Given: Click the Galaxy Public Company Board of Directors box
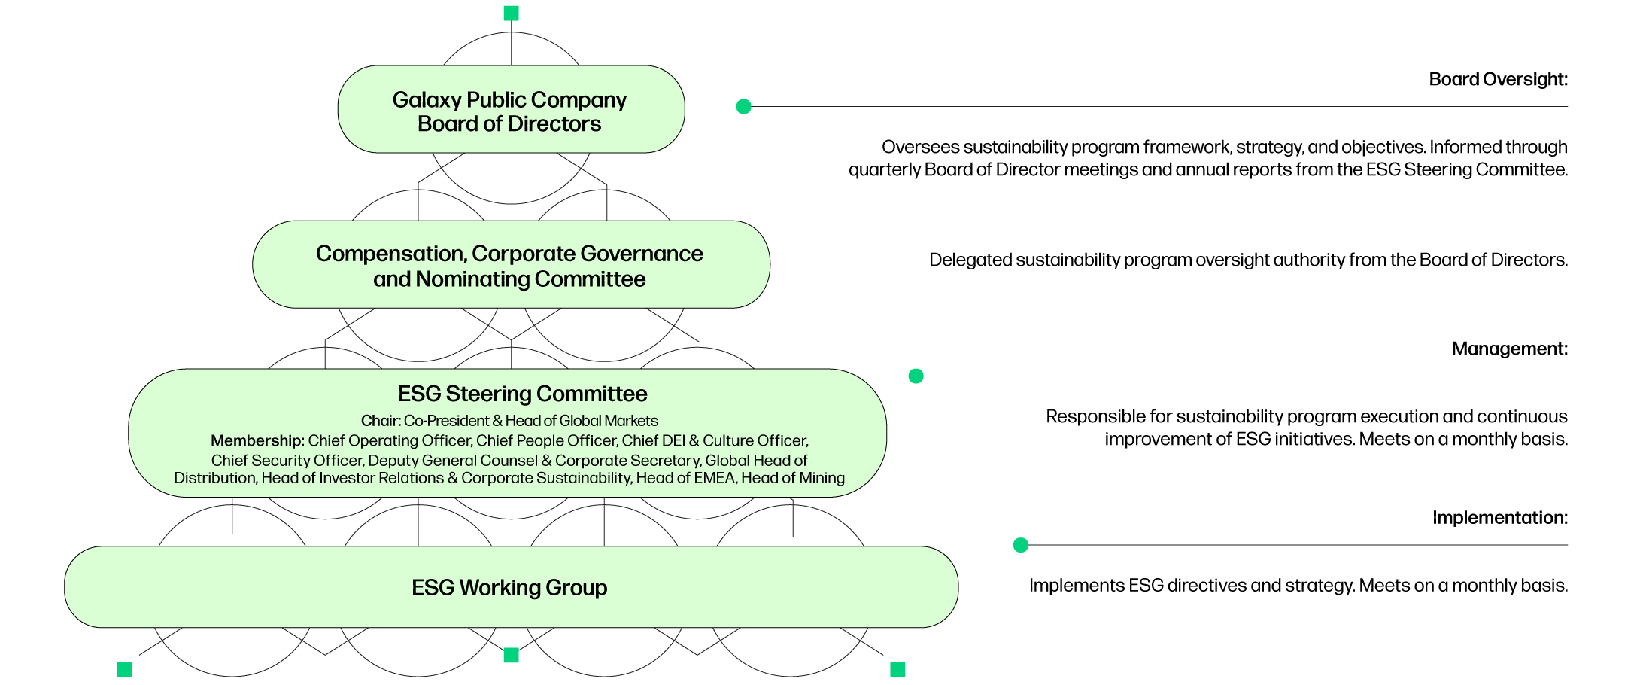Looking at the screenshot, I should point(511,110).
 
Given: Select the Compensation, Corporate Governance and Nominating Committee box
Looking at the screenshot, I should point(511,265).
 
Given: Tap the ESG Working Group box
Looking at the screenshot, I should point(511,587).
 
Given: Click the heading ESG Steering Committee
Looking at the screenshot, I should point(522,394).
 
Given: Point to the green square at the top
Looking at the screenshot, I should point(511,14).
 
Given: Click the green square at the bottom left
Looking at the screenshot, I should point(125,669).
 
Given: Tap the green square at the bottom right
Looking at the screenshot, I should point(897,669).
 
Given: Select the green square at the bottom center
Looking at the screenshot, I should point(511,656).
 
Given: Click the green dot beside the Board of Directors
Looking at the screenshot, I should point(743,107).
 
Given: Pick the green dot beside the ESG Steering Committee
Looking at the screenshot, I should point(916,376).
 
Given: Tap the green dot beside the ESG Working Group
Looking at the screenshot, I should point(1021,545).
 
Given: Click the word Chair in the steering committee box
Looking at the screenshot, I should point(380,421).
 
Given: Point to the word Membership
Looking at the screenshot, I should point(257,441).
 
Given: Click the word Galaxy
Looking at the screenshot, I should point(426,100).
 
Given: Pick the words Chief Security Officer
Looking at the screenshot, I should point(286,461).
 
